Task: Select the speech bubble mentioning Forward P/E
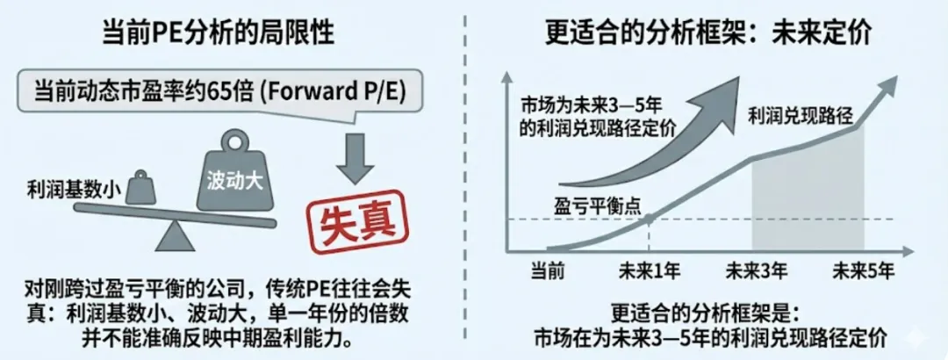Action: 219,91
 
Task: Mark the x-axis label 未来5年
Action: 864,270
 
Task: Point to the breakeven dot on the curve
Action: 648,219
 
